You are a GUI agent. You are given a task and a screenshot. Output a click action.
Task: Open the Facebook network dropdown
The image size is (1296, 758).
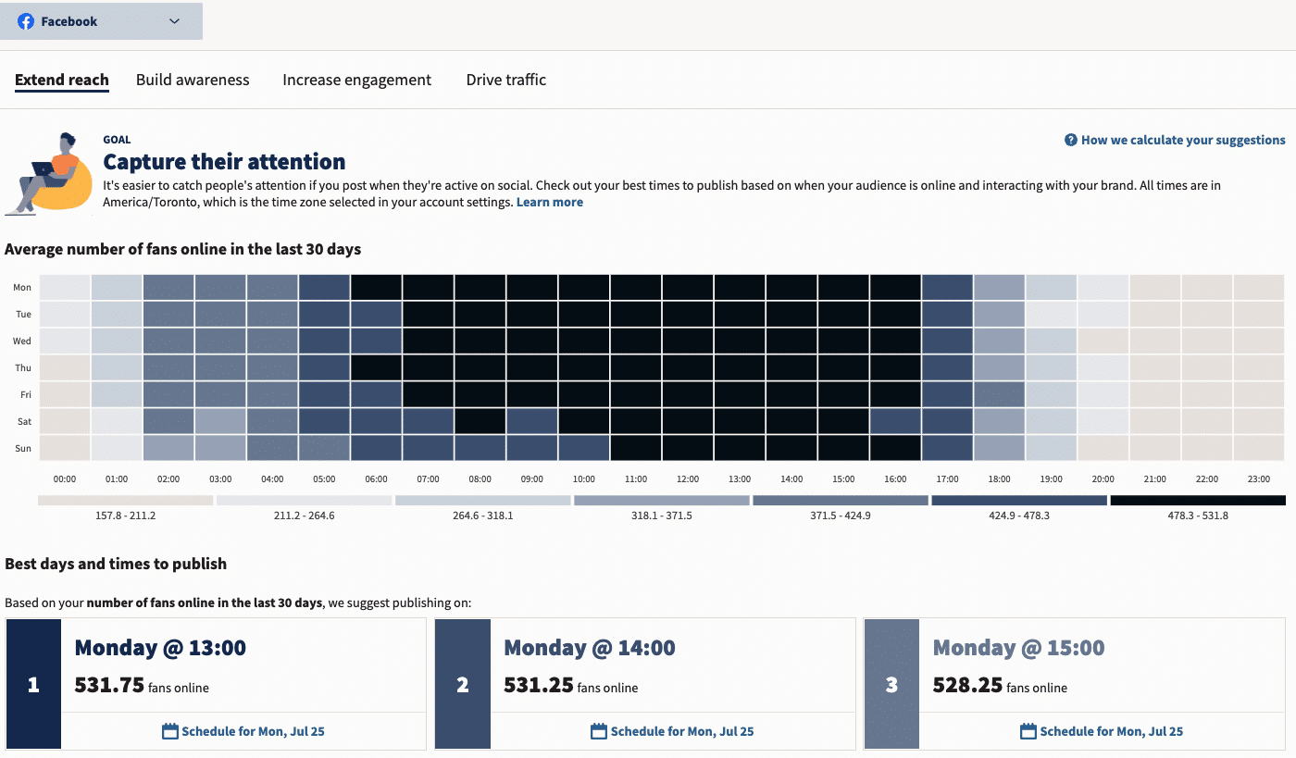pos(100,21)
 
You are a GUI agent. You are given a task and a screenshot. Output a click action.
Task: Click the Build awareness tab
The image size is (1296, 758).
pos(193,80)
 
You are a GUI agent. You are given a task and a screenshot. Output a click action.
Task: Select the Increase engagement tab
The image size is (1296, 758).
pos(356,80)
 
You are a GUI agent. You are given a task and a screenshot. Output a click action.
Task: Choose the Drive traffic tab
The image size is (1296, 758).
pos(505,80)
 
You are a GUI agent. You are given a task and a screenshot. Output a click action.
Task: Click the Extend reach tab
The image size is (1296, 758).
pos(62,80)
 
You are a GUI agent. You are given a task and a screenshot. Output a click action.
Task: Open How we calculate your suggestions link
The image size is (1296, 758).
pos(1176,140)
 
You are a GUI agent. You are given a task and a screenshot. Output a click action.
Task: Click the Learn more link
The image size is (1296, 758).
pos(549,202)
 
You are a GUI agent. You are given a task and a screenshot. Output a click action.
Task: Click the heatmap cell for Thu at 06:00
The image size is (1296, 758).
pos(376,367)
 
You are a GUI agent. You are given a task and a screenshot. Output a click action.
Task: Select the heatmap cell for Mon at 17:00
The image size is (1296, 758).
pos(947,287)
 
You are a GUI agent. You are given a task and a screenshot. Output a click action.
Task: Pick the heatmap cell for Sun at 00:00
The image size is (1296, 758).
pos(65,448)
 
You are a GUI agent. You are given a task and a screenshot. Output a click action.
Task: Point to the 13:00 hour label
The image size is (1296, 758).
pos(739,479)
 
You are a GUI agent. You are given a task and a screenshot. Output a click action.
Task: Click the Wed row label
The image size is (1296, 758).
pos(22,341)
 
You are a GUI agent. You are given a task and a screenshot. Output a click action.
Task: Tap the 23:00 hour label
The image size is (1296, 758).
pos(1257,479)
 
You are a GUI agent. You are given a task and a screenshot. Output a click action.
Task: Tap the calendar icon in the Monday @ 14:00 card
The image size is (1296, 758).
pos(599,731)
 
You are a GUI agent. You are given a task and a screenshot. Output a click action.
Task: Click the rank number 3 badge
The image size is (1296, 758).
pos(891,685)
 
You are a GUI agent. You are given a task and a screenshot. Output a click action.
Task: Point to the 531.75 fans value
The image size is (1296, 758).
pos(109,685)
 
